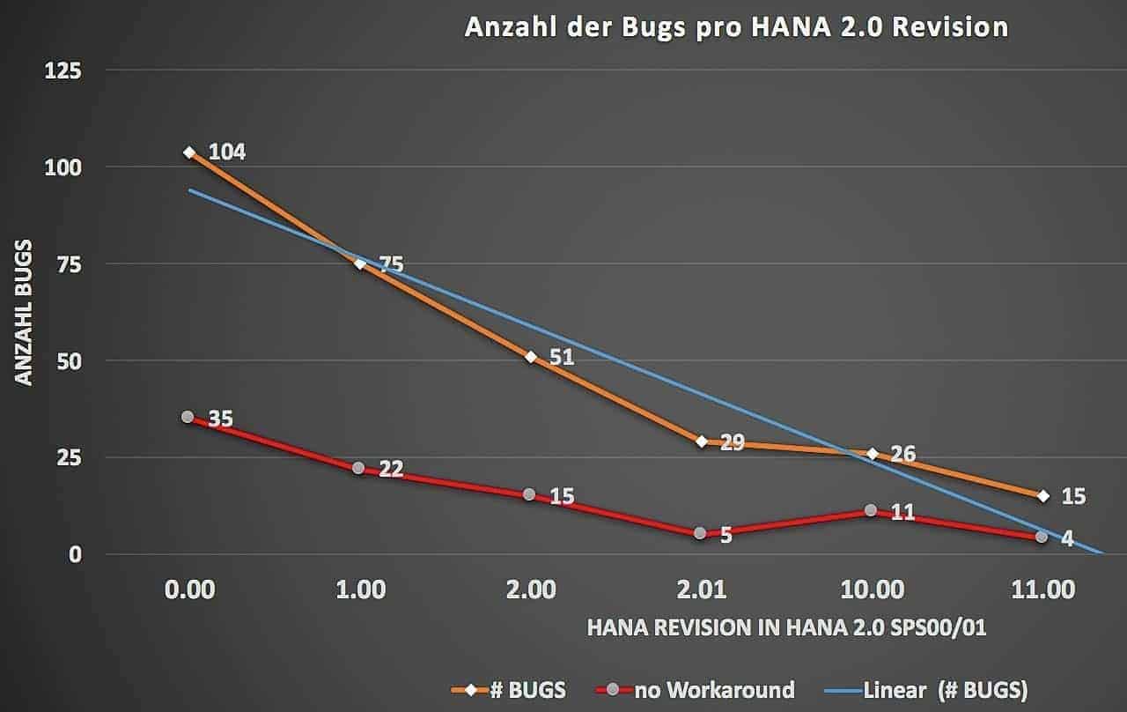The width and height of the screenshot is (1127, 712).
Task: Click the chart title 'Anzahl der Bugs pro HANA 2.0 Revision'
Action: (x=736, y=26)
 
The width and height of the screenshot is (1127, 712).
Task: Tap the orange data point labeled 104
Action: (x=189, y=152)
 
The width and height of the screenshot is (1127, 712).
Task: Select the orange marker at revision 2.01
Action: (x=702, y=441)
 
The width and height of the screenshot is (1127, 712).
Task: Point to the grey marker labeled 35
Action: (x=188, y=416)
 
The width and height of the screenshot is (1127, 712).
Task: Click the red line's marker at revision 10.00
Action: (x=871, y=510)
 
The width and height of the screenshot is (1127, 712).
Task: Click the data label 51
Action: (x=561, y=357)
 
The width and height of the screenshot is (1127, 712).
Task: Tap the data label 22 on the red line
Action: (x=390, y=469)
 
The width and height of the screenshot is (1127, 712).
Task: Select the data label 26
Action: (x=902, y=454)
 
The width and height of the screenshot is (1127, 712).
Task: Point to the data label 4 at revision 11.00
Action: (x=1067, y=538)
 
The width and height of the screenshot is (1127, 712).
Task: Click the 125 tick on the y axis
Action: (x=63, y=70)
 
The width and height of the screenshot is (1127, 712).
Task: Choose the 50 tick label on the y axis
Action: (x=69, y=360)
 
